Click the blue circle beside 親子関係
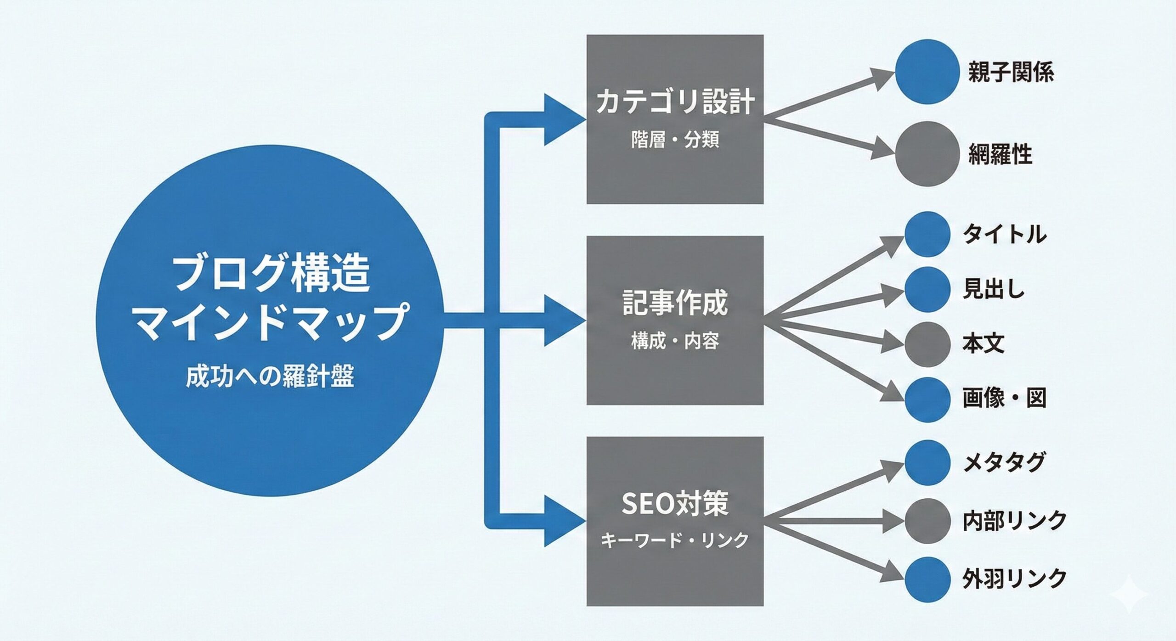[927, 72]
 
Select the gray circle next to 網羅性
[927, 154]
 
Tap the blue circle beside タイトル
[927, 234]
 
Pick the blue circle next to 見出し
[927, 289]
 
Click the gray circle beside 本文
[927, 344]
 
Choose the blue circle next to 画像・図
[927, 399]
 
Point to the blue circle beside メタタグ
[927, 463]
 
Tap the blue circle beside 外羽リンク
[927, 579]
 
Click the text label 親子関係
[1011, 73]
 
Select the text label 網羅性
[1000, 155]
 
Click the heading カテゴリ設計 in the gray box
[675, 102]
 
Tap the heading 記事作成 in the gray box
[675, 303]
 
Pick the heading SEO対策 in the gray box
[675, 504]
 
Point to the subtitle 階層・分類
[675, 140]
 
